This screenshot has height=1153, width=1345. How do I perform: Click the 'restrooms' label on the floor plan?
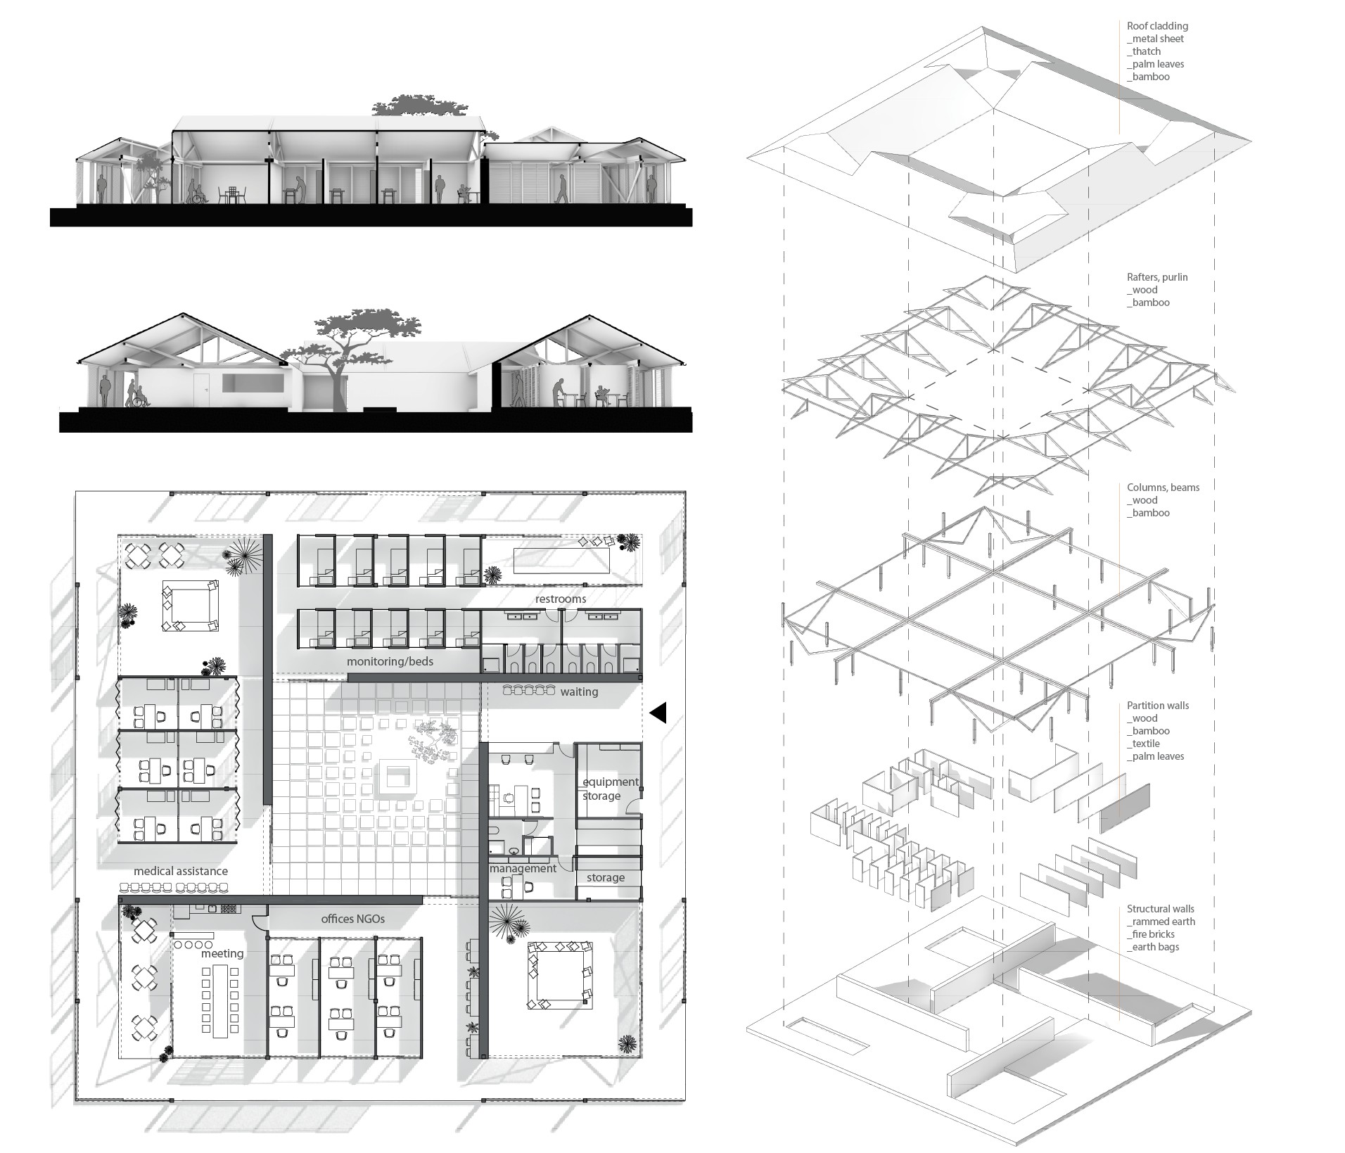[x=560, y=599]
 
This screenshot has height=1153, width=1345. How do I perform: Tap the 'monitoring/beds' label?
[x=390, y=661]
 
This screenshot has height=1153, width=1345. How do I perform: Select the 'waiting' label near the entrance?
[x=579, y=692]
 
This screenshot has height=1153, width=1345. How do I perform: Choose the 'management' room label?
[x=523, y=868]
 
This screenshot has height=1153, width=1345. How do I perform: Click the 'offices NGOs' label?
[x=352, y=919]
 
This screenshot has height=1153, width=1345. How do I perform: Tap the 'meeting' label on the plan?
[x=222, y=953]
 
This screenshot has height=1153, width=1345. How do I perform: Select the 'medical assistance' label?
[x=181, y=871]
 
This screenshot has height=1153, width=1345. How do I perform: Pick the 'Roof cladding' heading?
[x=1157, y=26]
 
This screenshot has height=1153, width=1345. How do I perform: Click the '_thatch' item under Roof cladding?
[x=1144, y=51]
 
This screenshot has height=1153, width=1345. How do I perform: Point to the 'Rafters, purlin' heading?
[x=1157, y=277]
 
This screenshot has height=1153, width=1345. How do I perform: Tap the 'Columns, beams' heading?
[x=1163, y=488]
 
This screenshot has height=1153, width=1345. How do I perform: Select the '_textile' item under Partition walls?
[x=1143, y=744]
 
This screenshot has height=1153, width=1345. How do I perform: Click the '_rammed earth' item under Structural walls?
[x=1161, y=922]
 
